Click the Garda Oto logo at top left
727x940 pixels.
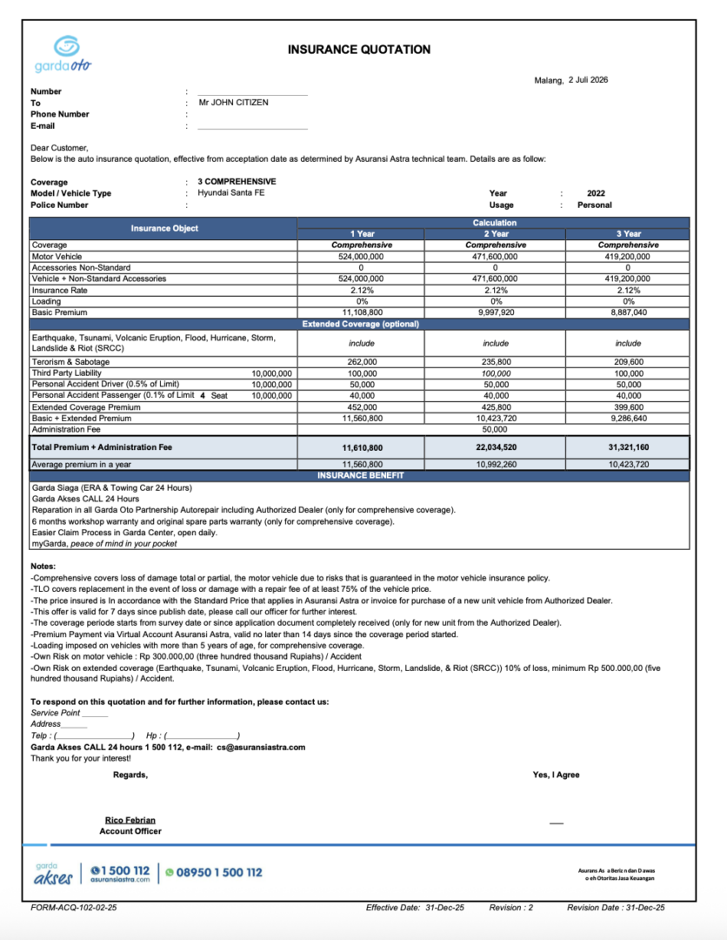coord(62,54)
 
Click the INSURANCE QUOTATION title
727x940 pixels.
coord(358,50)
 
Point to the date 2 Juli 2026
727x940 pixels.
coord(588,80)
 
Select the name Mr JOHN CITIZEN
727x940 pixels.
coord(233,103)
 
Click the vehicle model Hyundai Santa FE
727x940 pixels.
coord(230,193)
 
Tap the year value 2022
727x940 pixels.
coord(596,193)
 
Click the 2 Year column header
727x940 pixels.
coord(495,234)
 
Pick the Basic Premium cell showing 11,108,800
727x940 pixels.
coord(363,312)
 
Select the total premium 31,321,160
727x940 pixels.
coord(627,446)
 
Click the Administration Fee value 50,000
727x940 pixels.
coord(495,429)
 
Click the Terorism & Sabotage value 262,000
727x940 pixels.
coord(363,361)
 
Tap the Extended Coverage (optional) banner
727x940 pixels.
coord(360,324)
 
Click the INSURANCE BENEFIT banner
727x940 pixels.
coord(360,476)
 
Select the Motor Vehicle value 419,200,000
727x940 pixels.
coord(627,257)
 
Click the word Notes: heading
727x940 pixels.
coord(43,567)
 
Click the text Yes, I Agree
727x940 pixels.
coord(556,775)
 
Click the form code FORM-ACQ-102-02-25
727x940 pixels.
coord(73,907)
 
